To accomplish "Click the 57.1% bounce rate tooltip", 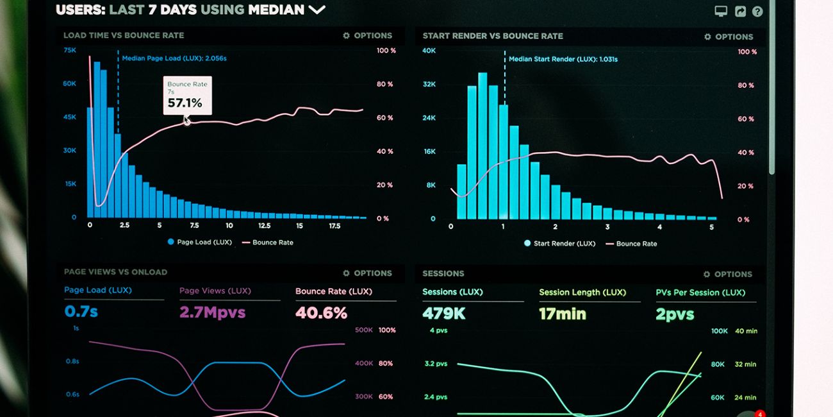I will tap(187, 96).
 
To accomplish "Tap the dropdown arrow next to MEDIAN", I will tap(317, 10).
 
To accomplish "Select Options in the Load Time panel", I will tap(368, 36).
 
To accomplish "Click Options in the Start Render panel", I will tap(729, 37).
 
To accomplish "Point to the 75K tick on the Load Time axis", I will tap(69, 50).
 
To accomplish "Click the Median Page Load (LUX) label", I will tap(174, 58).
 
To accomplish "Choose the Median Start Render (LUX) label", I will tap(563, 60).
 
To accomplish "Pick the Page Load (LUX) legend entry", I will tap(199, 243).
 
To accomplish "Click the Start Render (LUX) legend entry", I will tap(559, 244).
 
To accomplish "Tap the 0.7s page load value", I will tap(81, 312).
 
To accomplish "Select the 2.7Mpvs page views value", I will tap(203, 312).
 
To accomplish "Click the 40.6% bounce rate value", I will tap(321, 313).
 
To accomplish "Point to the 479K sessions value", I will tap(443, 314).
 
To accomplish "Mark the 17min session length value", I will tap(563, 314).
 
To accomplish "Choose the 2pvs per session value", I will tap(675, 314).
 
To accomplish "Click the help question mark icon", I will tap(757, 12).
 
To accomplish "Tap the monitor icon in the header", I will tap(721, 12).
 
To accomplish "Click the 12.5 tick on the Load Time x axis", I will tap(264, 226).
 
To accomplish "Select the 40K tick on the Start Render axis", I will tap(429, 51).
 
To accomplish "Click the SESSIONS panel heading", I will tap(443, 273).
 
